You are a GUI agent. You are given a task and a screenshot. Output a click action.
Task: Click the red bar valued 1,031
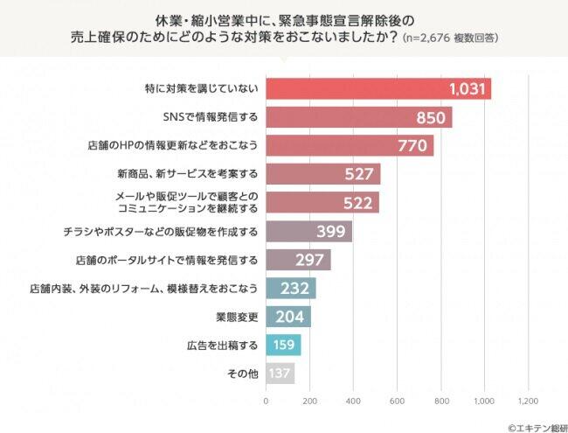(378, 89)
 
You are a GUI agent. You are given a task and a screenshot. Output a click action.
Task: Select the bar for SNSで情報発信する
(358, 117)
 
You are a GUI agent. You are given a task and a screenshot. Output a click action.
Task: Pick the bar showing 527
(322, 174)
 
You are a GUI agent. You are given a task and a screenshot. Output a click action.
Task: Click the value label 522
(359, 203)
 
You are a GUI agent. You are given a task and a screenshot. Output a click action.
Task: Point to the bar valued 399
(308, 232)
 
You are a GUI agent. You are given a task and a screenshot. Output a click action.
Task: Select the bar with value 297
(298, 260)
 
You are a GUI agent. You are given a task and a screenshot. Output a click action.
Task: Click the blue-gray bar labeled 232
(290, 289)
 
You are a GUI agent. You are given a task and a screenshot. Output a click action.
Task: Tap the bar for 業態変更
(287, 317)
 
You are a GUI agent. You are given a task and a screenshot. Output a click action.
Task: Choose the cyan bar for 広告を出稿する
(283, 345)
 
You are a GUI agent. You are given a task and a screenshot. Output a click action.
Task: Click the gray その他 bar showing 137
(281, 374)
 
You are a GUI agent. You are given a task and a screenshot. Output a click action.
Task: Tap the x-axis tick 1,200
(527, 402)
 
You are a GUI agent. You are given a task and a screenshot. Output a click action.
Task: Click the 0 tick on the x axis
(266, 402)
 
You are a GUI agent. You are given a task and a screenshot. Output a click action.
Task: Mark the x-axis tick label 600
(397, 402)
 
